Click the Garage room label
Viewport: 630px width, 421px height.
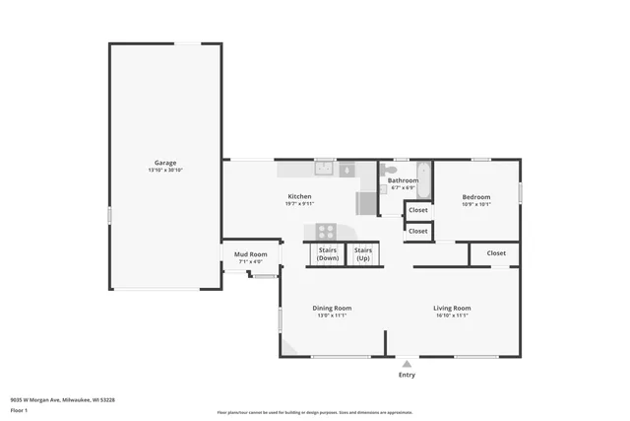[x=164, y=163]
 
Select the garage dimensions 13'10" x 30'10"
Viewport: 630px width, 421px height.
[x=164, y=171]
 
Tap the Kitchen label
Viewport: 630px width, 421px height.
[x=299, y=196]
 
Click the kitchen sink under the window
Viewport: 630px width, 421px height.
[x=324, y=170]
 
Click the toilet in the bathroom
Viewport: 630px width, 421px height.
[x=391, y=171]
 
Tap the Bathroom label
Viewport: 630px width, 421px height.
[x=403, y=180]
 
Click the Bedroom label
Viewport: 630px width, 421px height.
[x=476, y=197]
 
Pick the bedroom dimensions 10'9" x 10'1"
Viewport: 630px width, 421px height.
[x=476, y=205]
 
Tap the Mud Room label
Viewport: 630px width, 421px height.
[x=250, y=254]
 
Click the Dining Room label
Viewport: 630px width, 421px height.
[x=332, y=308]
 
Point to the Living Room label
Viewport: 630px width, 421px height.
[x=452, y=308]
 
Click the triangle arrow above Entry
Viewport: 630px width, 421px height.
[x=407, y=364]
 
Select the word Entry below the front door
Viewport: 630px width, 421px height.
[x=407, y=375]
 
